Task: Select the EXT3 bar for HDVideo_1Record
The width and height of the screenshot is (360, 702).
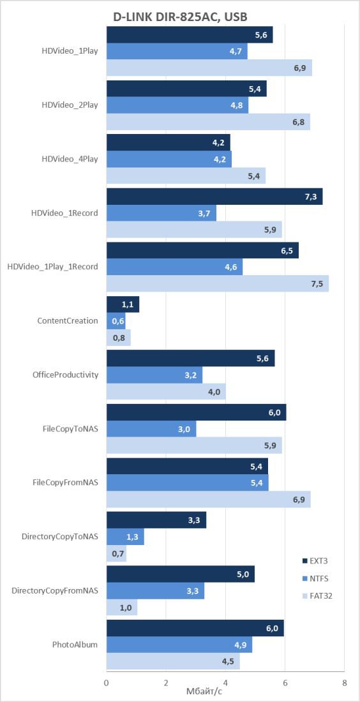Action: point(214,197)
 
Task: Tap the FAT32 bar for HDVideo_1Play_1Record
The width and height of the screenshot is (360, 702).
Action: point(218,283)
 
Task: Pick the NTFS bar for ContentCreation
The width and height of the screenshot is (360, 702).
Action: point(116,321)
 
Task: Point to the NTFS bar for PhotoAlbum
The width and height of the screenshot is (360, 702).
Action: point(179,645)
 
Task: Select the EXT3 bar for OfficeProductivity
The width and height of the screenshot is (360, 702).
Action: point(191,359)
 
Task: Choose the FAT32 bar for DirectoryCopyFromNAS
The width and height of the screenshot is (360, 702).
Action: point(122,608)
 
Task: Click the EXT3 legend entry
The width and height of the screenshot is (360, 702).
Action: point(317,560)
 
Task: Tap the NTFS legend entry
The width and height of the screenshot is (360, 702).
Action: point(317,578)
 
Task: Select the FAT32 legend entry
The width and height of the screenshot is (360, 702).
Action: point(318,596)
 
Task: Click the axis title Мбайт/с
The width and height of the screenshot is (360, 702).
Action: point(204,692)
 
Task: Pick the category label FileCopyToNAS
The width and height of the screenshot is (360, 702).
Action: point(69,429)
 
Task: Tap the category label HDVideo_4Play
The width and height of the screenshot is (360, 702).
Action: point(70,159)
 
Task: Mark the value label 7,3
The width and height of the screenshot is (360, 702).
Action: point(311,197)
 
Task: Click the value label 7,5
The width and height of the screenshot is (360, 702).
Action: point(317,284)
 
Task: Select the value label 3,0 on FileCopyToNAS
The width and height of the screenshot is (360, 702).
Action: point(184,429)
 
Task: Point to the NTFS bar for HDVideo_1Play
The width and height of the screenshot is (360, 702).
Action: point(177,51)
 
